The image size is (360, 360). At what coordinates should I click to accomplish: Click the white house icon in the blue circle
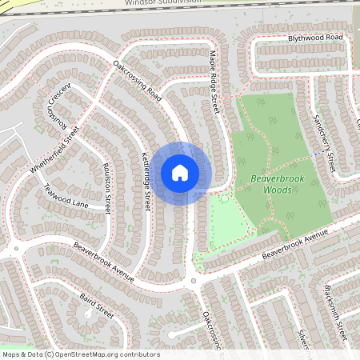pos(180,173)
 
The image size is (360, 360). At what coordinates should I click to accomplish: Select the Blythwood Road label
pos(315,38)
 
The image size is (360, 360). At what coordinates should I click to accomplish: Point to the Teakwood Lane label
pos(66,196)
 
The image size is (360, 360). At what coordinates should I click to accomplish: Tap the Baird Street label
pos(97,306)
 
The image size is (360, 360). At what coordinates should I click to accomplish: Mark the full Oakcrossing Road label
pos(138,82)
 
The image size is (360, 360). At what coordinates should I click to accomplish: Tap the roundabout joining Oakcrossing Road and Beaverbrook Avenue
pos(193,281)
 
